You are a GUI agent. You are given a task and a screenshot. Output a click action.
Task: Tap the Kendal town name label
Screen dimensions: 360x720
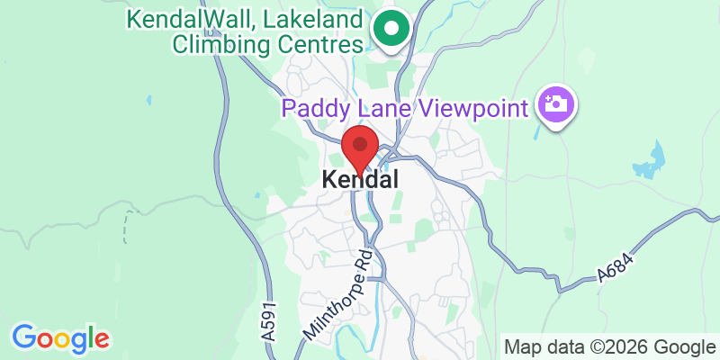[360, 180]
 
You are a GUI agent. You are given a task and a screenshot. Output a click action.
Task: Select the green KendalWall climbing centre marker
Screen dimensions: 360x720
[391, 30]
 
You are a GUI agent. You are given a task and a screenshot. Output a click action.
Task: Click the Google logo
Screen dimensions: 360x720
[60, 338]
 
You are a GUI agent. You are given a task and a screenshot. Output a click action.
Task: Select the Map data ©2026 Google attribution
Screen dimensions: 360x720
[609, 347]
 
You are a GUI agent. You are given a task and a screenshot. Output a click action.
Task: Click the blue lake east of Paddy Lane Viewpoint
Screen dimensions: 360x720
[649, 162]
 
